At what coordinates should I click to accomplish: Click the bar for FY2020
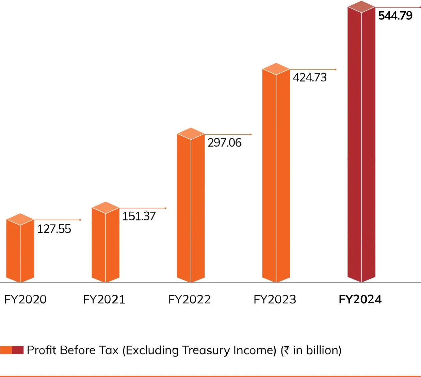(20, 252)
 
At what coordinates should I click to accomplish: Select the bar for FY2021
(106, 245)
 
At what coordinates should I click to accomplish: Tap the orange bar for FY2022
(191, 208)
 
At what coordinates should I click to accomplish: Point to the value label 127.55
(54, 229)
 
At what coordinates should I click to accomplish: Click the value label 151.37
(139, 216)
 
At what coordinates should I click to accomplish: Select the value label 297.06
(225, 142)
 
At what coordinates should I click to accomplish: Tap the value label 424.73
(310, 77)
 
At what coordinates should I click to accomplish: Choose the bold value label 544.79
(395, 16)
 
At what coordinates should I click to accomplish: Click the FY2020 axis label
(26, 299)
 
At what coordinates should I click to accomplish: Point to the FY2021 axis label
(104, 299)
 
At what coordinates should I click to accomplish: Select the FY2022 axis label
(190, 299)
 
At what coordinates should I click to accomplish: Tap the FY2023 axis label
(275, 299)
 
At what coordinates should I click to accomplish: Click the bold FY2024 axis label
(360, 299)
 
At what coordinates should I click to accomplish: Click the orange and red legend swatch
(12, 350)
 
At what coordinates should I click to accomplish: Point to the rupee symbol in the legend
(287, 350)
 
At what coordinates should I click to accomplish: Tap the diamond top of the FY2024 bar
(361, 7)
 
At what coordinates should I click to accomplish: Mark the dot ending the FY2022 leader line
(251, 134)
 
